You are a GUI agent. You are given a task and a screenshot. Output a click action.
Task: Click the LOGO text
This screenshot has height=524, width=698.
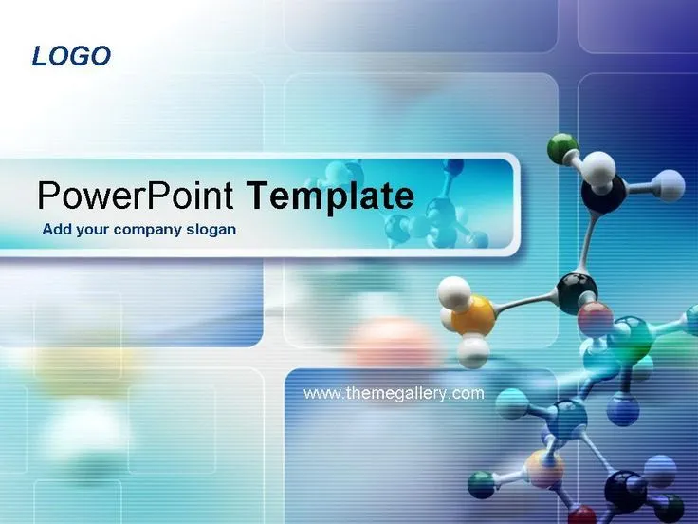point(71,56)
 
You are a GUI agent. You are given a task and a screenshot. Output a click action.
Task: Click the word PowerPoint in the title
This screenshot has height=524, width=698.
point(135,196)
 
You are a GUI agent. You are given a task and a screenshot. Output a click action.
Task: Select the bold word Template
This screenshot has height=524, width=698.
point(330,196)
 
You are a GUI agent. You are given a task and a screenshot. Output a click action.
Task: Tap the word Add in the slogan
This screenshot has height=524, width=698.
point(56,230)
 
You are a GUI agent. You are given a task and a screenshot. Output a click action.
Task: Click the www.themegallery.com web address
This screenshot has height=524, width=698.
point(394,393)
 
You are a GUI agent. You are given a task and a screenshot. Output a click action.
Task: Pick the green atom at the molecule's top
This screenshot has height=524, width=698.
point(562,146)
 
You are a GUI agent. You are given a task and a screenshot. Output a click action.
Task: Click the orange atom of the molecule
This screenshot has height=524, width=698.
point(471,314)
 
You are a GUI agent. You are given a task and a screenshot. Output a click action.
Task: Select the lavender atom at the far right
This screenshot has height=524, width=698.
point(670,184)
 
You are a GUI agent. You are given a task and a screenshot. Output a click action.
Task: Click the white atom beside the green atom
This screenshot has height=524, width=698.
point(597,168)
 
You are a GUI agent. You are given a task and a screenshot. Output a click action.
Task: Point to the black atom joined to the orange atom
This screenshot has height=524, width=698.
point(577,290)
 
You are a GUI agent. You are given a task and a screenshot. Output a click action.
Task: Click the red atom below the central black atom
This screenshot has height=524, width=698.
point(596,318)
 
